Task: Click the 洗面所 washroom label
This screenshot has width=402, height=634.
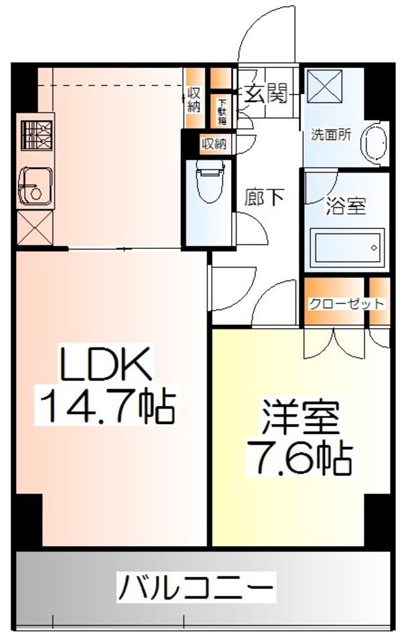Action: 330,134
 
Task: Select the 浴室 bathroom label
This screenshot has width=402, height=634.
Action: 346,205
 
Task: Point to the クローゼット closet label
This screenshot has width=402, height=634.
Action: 346,304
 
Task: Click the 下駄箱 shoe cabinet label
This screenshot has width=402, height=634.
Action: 221,111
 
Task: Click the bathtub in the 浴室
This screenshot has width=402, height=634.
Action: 346,249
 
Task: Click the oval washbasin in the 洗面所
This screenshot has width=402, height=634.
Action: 375,142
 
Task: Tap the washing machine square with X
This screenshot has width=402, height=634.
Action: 324,85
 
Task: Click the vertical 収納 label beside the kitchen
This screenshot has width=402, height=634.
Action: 194,99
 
